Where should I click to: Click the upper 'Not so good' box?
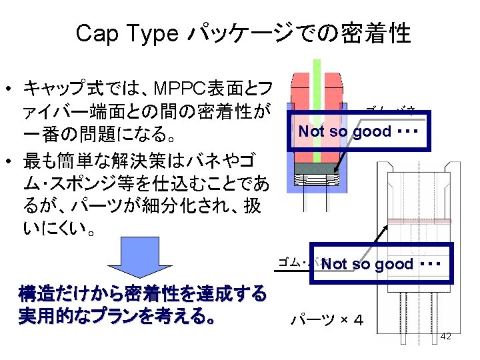pyautogui.click(x=357, y=131)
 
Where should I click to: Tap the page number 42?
pyautogui.click(x=446, y=336)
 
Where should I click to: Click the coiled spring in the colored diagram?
pyautogui.click(x=316, y=179)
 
